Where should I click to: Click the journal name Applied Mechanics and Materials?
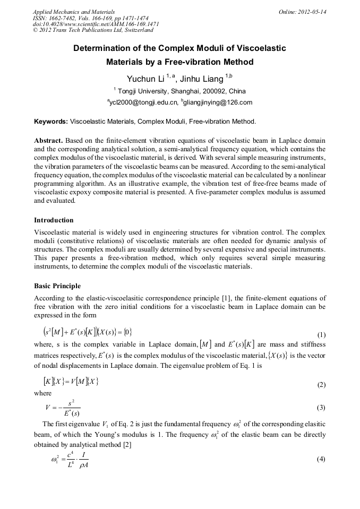pyautogui.click(x=73, y=11)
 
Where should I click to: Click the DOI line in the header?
pyautogui.click(x=96, y=24)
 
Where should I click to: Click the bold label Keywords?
pyautogui.click(x=51, y=122)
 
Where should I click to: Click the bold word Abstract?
pyautogui.click(x=48, y=141)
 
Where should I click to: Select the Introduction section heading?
pyautogui.click(x=54, y=220)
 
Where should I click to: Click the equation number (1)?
pyautogui.click(x=321, y=335)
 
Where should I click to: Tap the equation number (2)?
pyautogui.click(x=321, y=385)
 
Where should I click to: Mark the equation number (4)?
pyautogui.click(x=321, y=459)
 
